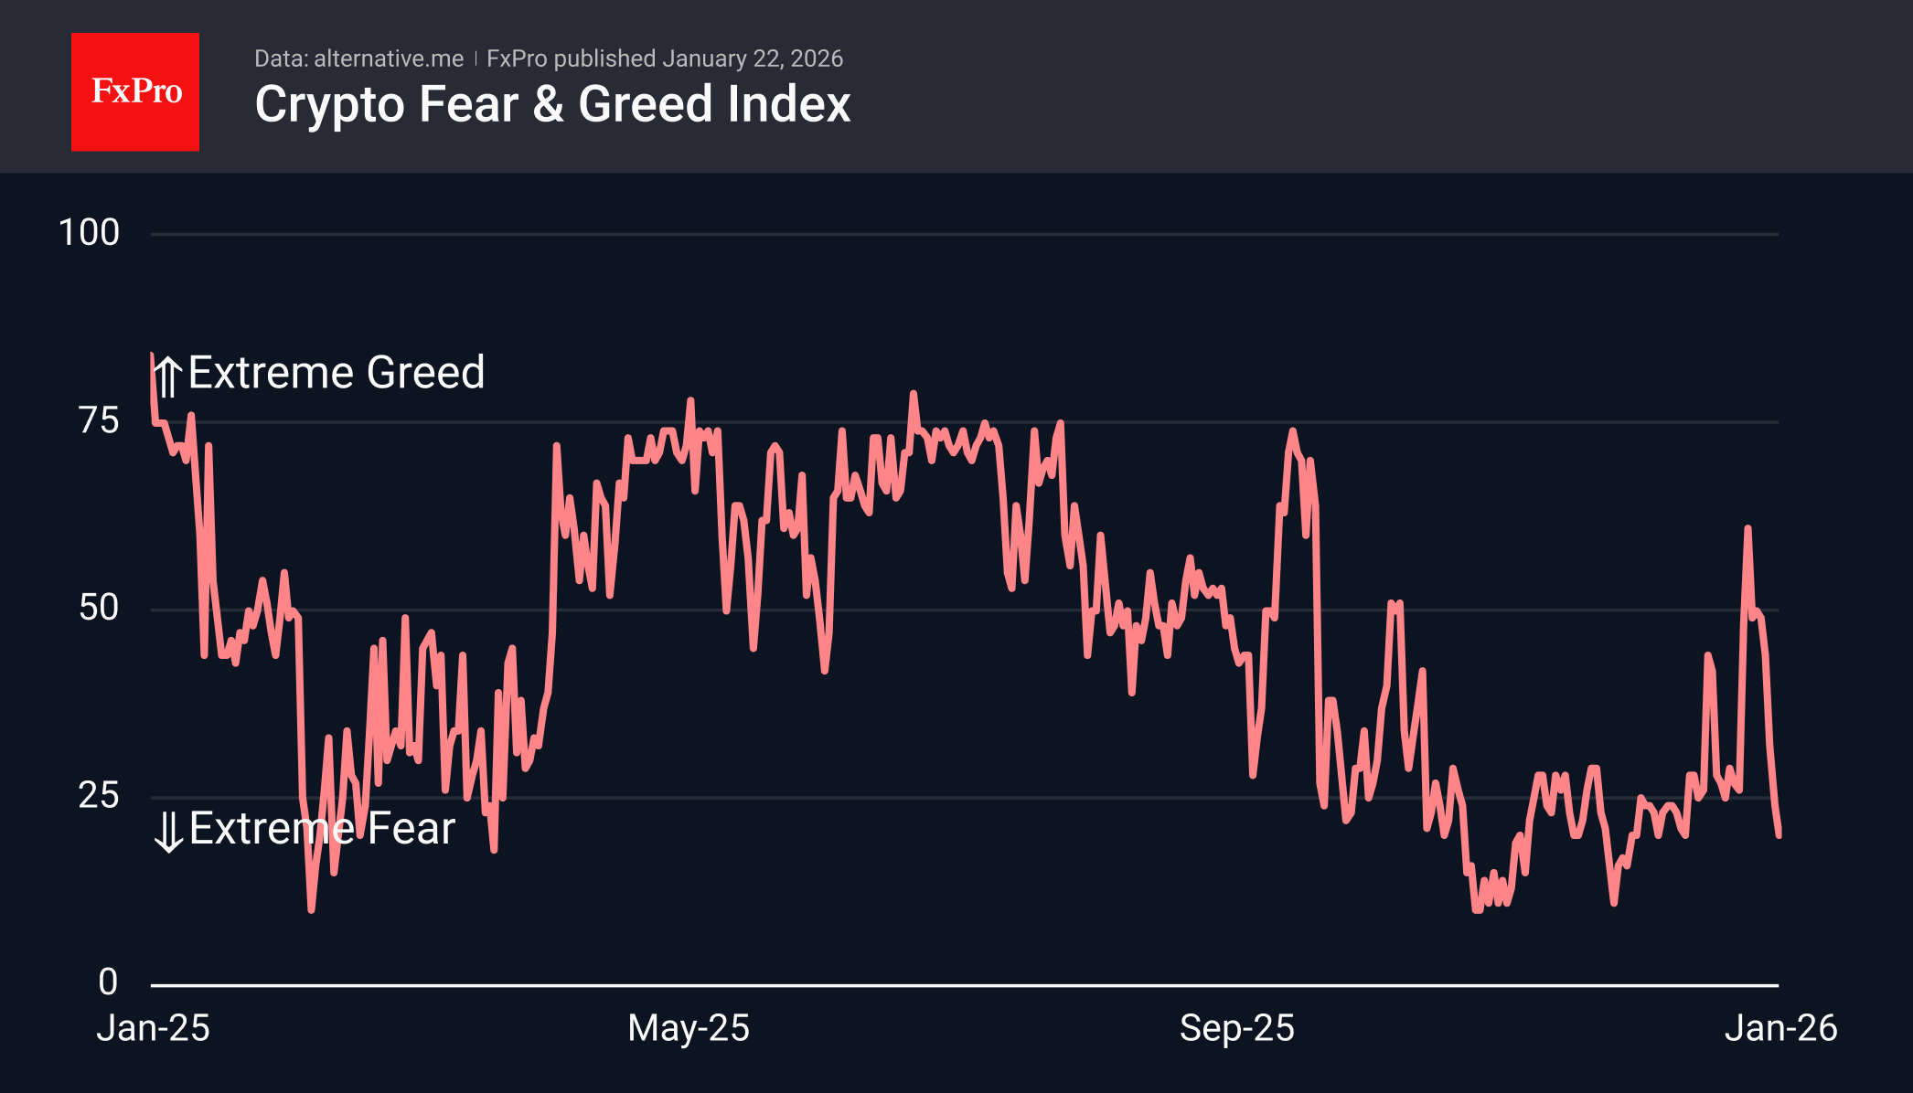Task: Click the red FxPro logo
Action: (x=135, y=91)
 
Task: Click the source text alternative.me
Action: (x=389, y=58)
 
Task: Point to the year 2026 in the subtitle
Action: (x=817, y=58)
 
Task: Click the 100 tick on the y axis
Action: (x=89, y=233)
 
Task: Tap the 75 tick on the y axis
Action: (x=99, y=420)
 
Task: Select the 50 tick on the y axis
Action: (x=99, y=608)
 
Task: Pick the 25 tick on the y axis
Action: (x=99, y=795)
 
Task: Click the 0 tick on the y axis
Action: (x=108, y=982)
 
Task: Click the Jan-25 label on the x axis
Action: (x=154, y=1028)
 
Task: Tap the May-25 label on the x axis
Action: (x=689, y=1028)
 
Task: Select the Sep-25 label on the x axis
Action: (x=1236, y=1028)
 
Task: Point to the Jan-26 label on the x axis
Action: (x=1780, y=1028)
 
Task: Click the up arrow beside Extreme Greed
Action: (x=168, y=376)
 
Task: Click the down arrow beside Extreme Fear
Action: (x=168, y=832)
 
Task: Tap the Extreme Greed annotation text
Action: (x=337, y=373)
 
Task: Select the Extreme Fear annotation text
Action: (x=322, y=829)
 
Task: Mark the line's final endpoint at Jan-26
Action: (x=1779, y=834)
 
